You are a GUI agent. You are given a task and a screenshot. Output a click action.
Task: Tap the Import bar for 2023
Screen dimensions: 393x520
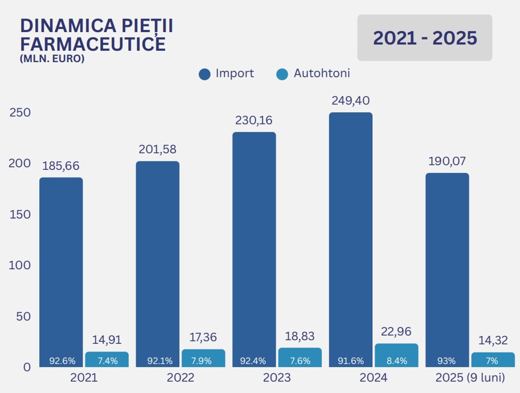(x=254, y=244)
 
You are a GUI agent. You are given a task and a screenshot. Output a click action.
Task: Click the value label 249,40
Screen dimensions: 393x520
(x=351, y=101)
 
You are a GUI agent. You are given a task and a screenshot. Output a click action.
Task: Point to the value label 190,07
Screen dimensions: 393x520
(x=447, y=161)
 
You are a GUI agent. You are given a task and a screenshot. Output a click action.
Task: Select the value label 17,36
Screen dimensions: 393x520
(x=203, y=337)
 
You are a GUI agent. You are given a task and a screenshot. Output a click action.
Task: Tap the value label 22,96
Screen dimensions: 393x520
(x=396, y=332)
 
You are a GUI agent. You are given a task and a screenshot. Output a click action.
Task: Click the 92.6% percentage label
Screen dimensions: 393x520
(x=62, y=361)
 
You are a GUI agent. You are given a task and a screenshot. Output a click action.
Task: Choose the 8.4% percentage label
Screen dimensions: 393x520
(x=396, y=361)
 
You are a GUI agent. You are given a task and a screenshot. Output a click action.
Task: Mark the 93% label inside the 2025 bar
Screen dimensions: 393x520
(x=446, y=361)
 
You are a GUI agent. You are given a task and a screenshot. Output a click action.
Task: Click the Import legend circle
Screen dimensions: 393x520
(x=204, y=74)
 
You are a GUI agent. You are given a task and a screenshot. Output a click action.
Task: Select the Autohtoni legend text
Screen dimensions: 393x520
(x=322, y=74)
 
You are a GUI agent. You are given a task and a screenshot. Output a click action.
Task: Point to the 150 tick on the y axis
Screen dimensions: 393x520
(x=20, y=215)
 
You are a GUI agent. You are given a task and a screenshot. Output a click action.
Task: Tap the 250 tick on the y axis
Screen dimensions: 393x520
(x=20, y=113)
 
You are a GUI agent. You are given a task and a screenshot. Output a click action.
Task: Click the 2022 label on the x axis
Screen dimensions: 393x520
(x=180, y=378)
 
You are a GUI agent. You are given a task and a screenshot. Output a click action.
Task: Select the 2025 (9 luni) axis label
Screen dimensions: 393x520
(x=470, y=378)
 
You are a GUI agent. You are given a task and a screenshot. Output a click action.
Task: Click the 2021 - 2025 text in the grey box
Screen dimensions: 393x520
(x=425, y=38)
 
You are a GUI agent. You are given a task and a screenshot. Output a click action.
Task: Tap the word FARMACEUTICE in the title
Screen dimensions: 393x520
(x=93, y=44)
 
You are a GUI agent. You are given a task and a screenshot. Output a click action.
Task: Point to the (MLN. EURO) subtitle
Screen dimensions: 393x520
(x=52, y=59)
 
